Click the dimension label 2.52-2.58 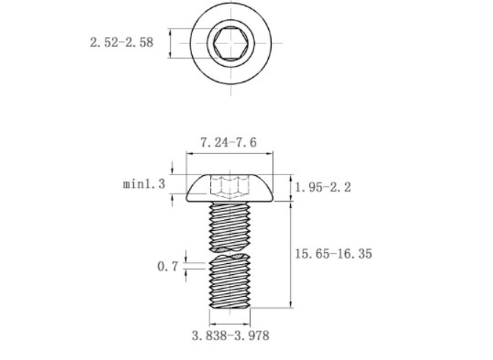pos(122,43)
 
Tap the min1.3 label pos(144,183)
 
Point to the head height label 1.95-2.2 pos(322,188)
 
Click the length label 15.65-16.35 pos(333,254)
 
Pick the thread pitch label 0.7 pos(168,267)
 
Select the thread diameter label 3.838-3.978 pos(230,336)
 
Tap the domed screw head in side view pos(230,188)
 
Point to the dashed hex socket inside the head pos(230,186)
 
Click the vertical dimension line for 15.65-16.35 pos(292,255)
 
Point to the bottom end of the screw pos(230,307)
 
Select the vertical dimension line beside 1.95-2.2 pos(292,188)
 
